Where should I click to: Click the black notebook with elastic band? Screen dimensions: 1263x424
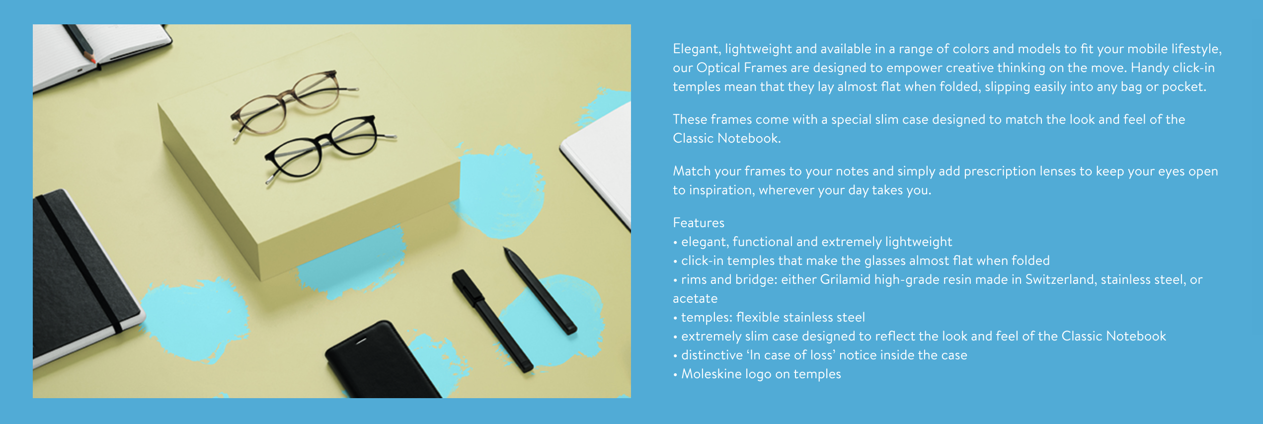pyautogui.click(x=79, y=278)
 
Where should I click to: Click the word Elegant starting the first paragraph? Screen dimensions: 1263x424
pyautogui.click(x=696, y=49)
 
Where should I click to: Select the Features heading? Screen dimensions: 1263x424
pyautogui.click(x=699, y=223)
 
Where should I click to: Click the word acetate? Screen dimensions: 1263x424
pyautogui.click(x=695, y=299)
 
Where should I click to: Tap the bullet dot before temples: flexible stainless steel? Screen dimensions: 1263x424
pyautogui.click(x=675, y=318)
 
